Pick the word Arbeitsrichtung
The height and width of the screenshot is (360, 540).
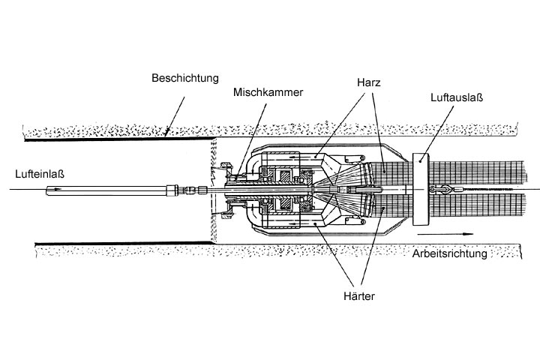(449, 253)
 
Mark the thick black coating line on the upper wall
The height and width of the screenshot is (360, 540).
(112, 139)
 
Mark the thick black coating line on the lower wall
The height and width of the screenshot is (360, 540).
(112, 242)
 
